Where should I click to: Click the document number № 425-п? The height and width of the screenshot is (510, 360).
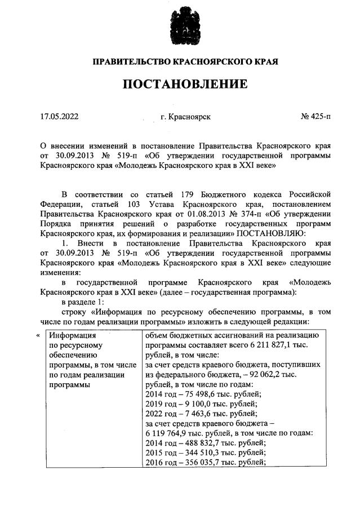tap(316, 117)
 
